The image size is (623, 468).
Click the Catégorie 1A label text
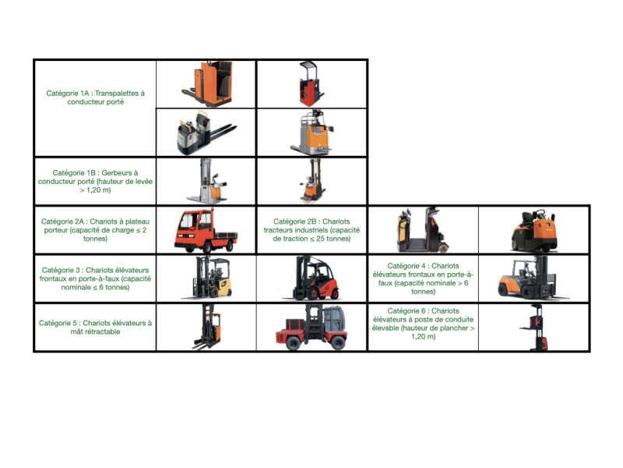tap(95, 97)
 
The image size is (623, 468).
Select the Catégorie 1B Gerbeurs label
tap(95, 182)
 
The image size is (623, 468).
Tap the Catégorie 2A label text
tap(95, 230)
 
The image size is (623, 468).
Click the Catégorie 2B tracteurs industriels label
tap(311, 230)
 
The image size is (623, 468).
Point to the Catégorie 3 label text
tap(95, 278)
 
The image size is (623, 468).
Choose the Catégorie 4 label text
tap(423, 278)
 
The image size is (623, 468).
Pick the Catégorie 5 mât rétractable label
tap(95, 327)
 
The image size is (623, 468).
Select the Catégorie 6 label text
tap(423, 324)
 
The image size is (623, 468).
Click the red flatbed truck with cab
tap(206, 231)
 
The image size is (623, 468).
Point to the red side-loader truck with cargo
tap(311, 327)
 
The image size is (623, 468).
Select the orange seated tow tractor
tap(534, 231)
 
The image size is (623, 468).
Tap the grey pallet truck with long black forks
tap(206, 133)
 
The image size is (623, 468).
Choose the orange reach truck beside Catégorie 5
tap(207, 327)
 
